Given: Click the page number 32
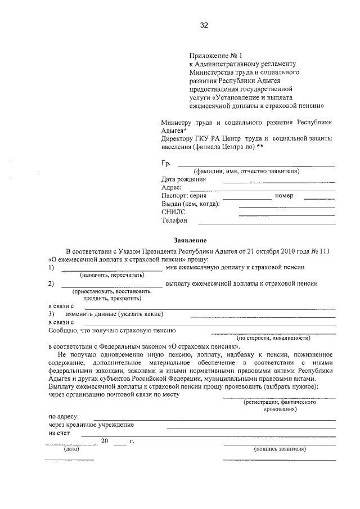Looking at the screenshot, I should click(x=204, y=25).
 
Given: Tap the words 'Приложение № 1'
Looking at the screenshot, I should click(x=215, y=56).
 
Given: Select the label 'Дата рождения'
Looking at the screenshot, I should click(x=183, y=179).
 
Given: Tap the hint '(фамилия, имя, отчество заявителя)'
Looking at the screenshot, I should click(x=246, y=171).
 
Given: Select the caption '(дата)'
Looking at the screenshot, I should click(x=71, y=449).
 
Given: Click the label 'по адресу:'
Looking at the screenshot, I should click(x=64, y=417).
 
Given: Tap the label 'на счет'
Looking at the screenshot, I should click(x=60, y=433).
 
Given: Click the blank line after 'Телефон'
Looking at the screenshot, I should click(x=287, y=223).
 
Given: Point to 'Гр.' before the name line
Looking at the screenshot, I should click(x=165, y=163).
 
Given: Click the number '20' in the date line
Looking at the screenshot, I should click(x=104, y=441).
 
